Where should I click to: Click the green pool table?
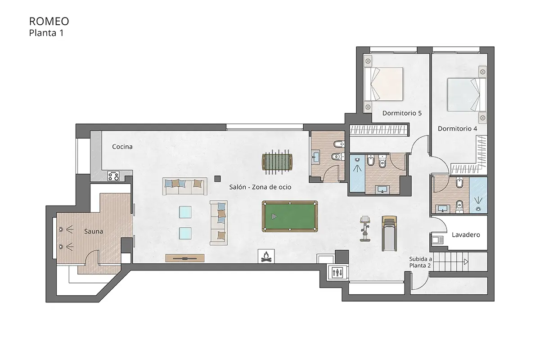click(x=290, y=216)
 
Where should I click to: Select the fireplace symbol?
click(x=266, y=256)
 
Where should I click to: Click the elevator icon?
click(x=337, y=273)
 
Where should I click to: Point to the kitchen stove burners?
click(x=113, y=176)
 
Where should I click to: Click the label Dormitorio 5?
click(x=402, y=113)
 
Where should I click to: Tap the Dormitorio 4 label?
click(x=457, y=129)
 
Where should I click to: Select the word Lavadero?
click(x=466, y=235)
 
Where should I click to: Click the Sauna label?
click(x=94, y=231)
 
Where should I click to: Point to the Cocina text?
click(x=122, y=147)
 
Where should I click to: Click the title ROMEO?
click(x=49, y=22)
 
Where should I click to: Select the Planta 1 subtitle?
click(x=46, y=33)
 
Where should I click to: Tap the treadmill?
click(x=389, y=234)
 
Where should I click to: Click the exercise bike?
click(x=365, y=229)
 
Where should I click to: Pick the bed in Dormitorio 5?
click(x=383, y=84)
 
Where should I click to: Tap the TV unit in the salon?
click(x=185, y=258)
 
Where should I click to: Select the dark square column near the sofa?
click(x=217, y=179)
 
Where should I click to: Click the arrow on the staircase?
click(x=466, y=261)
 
